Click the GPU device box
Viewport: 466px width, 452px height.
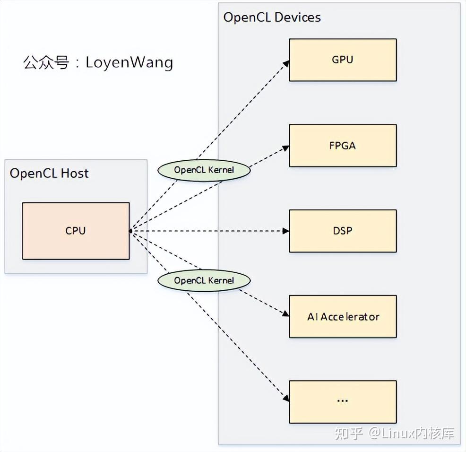[x=343, y=60]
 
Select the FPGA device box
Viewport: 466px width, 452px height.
[x=343, y=146]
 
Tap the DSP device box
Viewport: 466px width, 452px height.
[x=343, y=231]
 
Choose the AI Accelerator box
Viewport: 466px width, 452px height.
[x=343, y=316]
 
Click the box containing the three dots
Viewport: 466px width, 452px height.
[x=343, y=401]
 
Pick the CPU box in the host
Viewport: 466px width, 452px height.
[x=76, y=231]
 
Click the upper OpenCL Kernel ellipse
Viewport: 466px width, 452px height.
[x=204, y=170]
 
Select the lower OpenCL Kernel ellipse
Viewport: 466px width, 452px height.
[x=204, y=280]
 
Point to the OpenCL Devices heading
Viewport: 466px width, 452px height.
[x=272, y=17]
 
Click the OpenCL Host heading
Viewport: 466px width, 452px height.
[x=49, y=173]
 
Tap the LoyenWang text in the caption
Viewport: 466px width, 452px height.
[x=129, y=62]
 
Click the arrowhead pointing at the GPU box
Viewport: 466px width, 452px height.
[x=286, y=63]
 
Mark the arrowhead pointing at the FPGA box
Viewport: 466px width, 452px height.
[x=286, y=148]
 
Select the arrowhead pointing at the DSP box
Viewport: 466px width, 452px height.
[x=286, y=231]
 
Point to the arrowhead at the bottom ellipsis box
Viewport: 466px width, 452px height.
[x=286, y=399]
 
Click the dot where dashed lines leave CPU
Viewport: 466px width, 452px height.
[x=130, y=231]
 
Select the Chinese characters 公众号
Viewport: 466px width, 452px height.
[x=46, y=62]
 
